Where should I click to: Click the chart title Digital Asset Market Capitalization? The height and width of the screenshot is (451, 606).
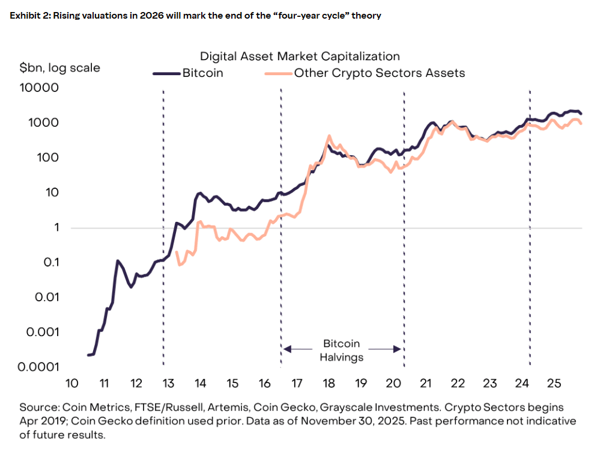pos(300,56)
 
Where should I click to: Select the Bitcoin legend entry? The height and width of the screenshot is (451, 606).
pos(202,73)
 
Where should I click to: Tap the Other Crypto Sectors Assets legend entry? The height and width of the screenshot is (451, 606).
pos(379,73)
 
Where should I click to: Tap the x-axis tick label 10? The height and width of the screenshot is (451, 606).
pos(71,384)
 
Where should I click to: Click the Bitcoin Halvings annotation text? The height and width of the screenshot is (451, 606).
pos(342,350)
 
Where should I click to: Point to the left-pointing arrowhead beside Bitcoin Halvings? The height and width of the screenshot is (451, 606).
pos(287,348)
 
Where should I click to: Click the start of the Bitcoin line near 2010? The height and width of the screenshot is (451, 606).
pos(89,355)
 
